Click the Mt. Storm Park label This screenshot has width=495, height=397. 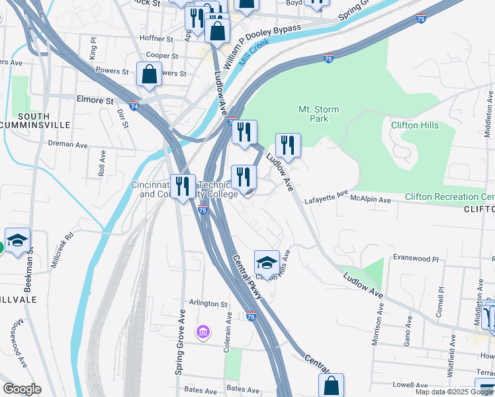[x=318, y=114]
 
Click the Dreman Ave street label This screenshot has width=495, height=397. [x=68, y=144]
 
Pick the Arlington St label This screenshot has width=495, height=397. [x=208, y=303]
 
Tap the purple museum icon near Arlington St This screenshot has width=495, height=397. [x=202, y=331]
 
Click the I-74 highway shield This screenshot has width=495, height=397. [x=134, y=106]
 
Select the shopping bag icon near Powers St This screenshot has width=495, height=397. [x=149, y=74]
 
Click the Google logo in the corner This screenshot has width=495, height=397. [x=22, y=389]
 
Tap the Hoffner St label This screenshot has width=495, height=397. [x=156, y=39]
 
